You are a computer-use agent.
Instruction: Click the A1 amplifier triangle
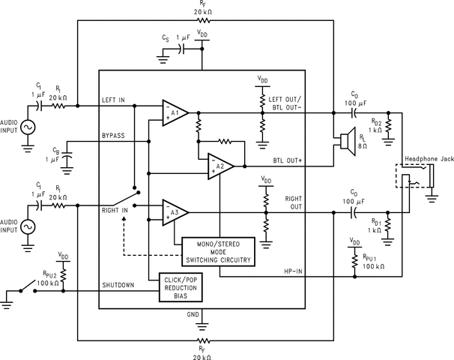pyautogui.click(x=174, y=112)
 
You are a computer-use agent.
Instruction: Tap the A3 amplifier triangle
pyautogui.click(x=174, y=212)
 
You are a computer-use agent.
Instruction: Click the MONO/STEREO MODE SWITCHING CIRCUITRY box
pyautogui.click(x=218, y=251)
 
